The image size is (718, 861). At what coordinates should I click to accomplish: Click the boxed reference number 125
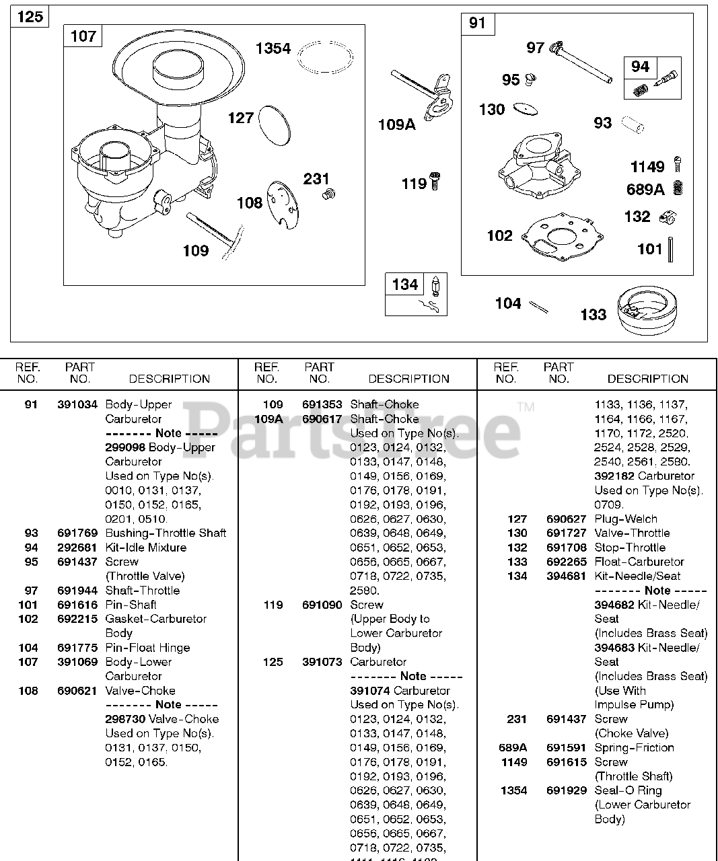pos(30,16)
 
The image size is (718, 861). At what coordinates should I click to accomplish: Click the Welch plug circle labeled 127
pos(274,125)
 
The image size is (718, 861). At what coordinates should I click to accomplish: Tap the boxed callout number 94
pos(640,67)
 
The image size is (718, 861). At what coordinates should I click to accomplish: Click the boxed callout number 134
pos(405,285)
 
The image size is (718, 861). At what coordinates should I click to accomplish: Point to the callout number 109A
pos(396,124)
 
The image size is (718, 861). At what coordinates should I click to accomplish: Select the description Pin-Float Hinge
pos(147,648)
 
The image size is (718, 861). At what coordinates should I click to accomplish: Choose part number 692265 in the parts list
pos(567,562)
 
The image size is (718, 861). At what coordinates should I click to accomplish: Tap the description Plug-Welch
pos(626,519)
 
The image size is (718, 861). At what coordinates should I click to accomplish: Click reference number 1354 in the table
pos(513,790)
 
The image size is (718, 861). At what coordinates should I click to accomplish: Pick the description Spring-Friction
pos(634,747)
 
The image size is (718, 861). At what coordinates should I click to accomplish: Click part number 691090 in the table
pos(322,605)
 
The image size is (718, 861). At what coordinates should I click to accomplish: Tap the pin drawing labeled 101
pos(671,250)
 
